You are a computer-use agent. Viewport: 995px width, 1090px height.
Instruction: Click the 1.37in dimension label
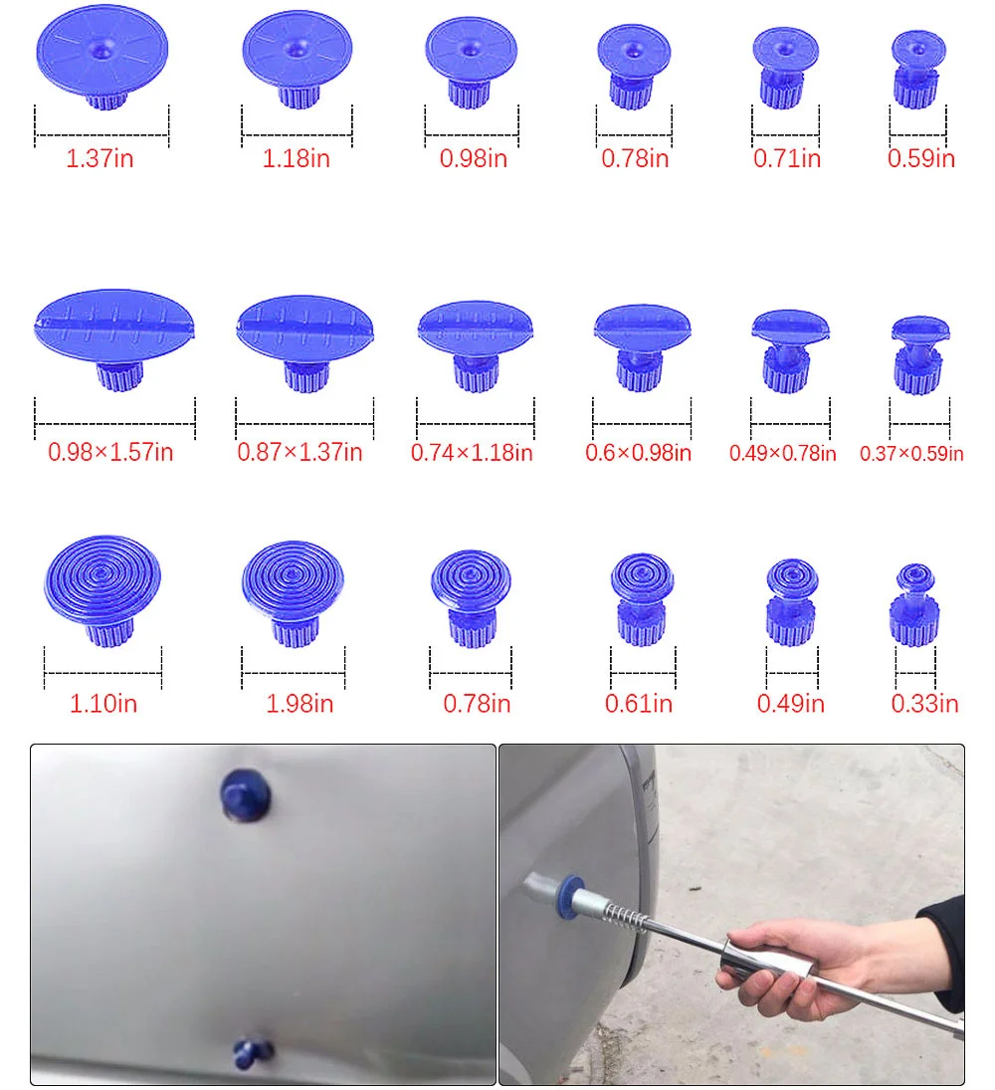click(x=99, y=158)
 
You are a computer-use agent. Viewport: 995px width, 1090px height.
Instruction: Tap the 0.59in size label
click(x=921, y=158)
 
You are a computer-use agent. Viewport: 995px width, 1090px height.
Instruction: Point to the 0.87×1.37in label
click(x=299, y=452)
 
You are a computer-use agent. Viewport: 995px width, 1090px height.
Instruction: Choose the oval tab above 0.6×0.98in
click(x=642, y=342)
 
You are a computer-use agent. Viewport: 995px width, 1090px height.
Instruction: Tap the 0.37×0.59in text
click(x=911, y=454)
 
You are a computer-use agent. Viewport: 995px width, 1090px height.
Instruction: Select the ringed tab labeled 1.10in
click(x=103, y=587)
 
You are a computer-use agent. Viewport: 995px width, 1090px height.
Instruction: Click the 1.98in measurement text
click(x=299, y=704)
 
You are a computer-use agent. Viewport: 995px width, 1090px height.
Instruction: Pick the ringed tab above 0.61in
click(x=641, y=597)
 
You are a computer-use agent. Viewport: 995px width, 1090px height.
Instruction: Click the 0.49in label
click(x=791, y=704)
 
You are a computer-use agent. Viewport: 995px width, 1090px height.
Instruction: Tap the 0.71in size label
click(x=787, y=158)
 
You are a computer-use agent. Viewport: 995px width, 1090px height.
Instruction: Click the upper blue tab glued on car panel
click(x=246, y=793)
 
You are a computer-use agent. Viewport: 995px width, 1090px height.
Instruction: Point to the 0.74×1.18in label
click(x=472, y=453)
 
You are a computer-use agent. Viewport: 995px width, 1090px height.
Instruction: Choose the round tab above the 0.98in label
click(x=471, y=60)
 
